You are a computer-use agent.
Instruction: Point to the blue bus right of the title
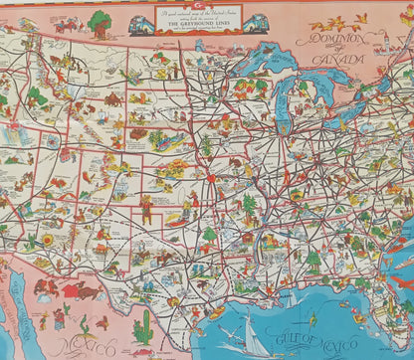tap(257, 23)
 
